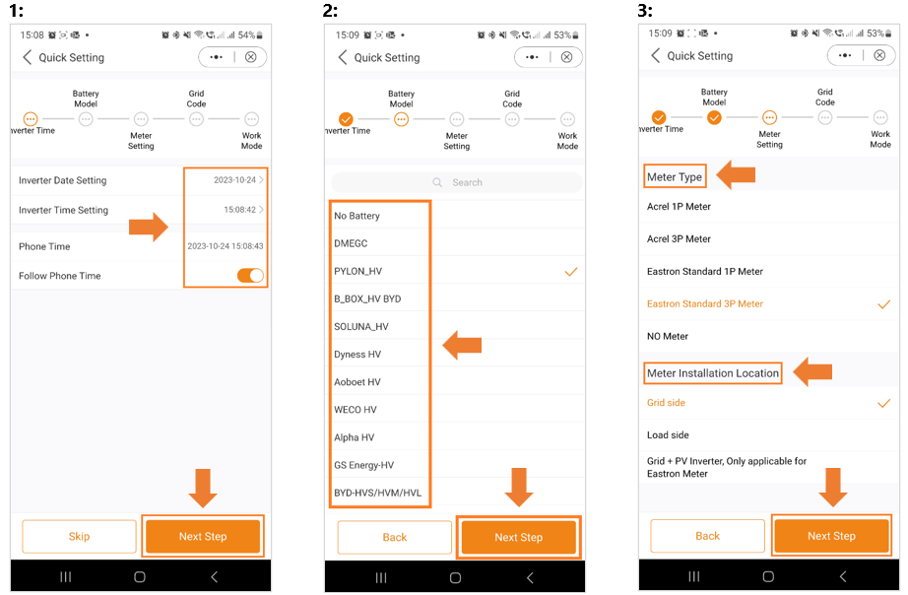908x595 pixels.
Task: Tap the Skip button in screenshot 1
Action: [x=79, y=537]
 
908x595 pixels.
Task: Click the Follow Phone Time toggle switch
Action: [x=250, y=275]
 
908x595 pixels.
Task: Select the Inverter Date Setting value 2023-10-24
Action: [x=234, y=180]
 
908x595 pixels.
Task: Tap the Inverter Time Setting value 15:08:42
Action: [x=239, y=210]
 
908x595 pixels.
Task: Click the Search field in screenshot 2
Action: [x=457, y=182]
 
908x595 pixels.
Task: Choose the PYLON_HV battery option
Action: [x=357, y=271]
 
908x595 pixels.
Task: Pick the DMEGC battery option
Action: [x=351, y=243]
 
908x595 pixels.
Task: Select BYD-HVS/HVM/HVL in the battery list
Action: [x=377, y=493]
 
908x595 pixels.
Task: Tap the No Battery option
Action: [x=357, y=216]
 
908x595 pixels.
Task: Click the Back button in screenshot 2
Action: [x=394, y=538]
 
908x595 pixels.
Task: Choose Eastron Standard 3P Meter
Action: [x=705, y=303]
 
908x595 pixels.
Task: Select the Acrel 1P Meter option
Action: [x=679, y=206]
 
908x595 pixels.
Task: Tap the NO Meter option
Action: [x=668, y=336]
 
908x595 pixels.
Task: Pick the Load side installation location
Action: [x=668, y=435]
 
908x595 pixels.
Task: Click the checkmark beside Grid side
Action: [x=883, y=403]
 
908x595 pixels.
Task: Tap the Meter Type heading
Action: [x=675, y=176]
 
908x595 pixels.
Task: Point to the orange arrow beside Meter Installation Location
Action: [x=812, y=372]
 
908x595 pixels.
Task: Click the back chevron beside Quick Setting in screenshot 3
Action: [x=656, y=55]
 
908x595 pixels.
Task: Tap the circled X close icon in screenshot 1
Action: [x=251, y=57]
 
